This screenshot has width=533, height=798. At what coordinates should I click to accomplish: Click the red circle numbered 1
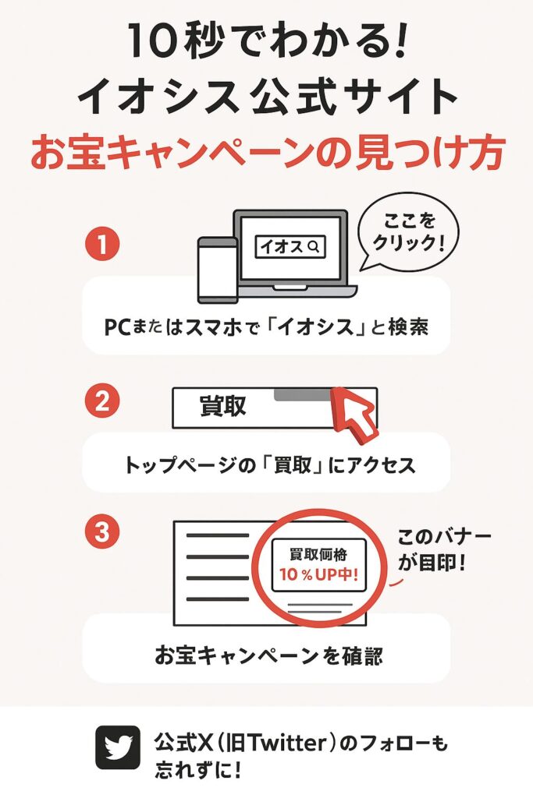[102, 244]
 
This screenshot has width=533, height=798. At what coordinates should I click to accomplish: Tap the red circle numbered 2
[102, 401]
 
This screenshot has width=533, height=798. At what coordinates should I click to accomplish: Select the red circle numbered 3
[102, 531]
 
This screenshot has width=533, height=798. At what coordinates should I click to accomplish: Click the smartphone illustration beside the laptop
[218, 270]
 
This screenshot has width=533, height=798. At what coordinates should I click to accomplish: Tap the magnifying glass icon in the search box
[314, 247]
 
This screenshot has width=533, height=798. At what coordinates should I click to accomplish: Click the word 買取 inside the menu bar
[223, 406]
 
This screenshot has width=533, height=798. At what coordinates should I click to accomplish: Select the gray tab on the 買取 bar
[303, 394]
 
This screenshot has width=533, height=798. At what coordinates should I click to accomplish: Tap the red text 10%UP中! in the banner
[318, 574]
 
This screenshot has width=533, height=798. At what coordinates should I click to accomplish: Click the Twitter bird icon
[118, 747]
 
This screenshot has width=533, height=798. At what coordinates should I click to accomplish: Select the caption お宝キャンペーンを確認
[268, 655]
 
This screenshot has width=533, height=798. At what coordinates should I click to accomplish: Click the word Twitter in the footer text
[280, 743]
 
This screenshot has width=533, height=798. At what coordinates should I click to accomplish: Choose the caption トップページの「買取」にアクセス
[270, 464]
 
